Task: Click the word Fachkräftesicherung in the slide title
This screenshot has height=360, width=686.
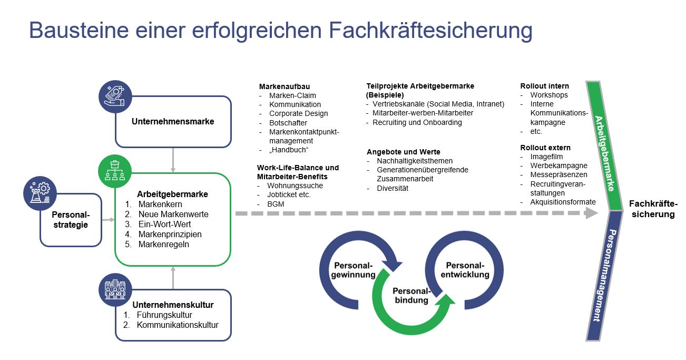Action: [x=430, y=31]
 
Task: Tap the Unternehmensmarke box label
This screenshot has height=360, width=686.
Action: [x=173, y=122]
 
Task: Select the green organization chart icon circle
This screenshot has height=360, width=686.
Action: [x=115, y=171]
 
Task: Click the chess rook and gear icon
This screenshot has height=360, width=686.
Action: [x=40, y=193]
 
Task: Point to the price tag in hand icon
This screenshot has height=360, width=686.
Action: [x=115, y=96]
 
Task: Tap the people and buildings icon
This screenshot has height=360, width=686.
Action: [x=115, y=289]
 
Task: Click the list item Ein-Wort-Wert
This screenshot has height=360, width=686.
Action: [x=164, y=224]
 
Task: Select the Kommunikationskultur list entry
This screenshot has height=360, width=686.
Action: [x=178, y=325]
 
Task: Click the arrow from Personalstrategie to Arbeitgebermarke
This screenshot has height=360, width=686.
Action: [x=108, y=220]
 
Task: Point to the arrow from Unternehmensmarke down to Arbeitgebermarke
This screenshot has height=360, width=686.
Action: [x=173, y=160]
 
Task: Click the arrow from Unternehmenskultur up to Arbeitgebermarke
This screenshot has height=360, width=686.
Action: [x=173, y=278]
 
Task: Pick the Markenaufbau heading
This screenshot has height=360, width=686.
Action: [x=285, y=86]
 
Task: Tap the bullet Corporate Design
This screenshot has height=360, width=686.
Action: [x=299, y=113]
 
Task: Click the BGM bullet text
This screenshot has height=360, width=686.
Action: [x=276, y=204]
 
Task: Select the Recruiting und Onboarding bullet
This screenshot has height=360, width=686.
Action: [x=417, y=123]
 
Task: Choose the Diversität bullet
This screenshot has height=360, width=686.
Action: [x=393, y=188]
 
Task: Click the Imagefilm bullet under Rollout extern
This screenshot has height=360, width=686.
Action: [x=547, y=157]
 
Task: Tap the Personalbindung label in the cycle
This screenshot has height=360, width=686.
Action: [x=411, y=295]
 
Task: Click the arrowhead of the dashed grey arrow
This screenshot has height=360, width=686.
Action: [x=591, y=213]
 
